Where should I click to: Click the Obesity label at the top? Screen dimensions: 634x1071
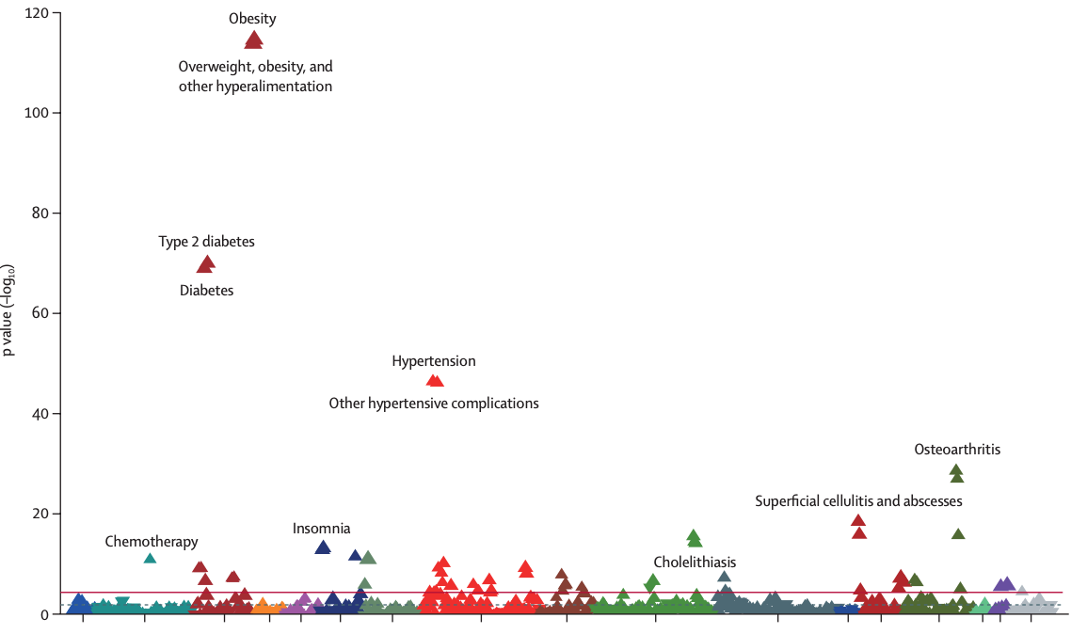pyautogui.click(x=252, y=18)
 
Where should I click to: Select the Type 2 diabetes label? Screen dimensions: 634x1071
pyautogui.click(x=206, y=242)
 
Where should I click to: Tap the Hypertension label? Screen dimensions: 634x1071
pyautogui.click(x=434, y=361)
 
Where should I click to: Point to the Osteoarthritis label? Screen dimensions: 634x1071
pyautogui.click(x=957, y=450)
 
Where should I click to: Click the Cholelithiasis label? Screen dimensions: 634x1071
pyautogui.click(x=695, y=563)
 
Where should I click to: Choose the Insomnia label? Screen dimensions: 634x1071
pyautogui.click(x=321, y=529)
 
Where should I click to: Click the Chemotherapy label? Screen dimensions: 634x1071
pyautogui.click(x=152, y=542)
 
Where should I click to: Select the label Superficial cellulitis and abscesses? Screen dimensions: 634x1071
pyautogui.click(x=858, y=501)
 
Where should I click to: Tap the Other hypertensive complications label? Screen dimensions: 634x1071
pyautogui.click(x=433, y=404)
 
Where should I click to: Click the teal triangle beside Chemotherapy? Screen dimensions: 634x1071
pyautogui.click(x=150, y=559)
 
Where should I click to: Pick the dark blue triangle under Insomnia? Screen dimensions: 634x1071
pyautogui.click(x=323, y=547)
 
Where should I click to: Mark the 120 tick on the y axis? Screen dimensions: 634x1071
pyautogui.click(x=38, y=13)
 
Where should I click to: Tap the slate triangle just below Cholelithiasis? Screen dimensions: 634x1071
pyautogui.click(x=724, y=577)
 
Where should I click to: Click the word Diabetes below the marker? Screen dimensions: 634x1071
pyautogui.click(x=206, y=291)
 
